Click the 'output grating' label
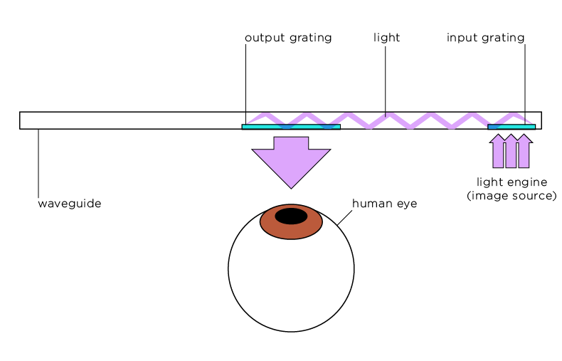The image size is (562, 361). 288,38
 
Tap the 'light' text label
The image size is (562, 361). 386,37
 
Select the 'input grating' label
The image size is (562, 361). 485,38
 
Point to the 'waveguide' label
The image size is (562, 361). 70,204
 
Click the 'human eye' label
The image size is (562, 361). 385,204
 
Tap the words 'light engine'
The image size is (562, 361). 511,182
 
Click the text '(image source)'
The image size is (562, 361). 511,196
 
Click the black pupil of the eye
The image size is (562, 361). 291,216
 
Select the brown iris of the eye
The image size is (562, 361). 291,231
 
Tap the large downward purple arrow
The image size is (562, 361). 291,162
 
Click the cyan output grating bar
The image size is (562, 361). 291,127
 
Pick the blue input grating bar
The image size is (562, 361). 511,127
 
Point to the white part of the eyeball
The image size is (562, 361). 291,283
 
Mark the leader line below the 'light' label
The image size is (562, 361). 386,81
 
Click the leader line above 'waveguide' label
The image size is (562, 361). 38,163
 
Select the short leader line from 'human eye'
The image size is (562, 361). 344,218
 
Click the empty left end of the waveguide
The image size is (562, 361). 129,120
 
